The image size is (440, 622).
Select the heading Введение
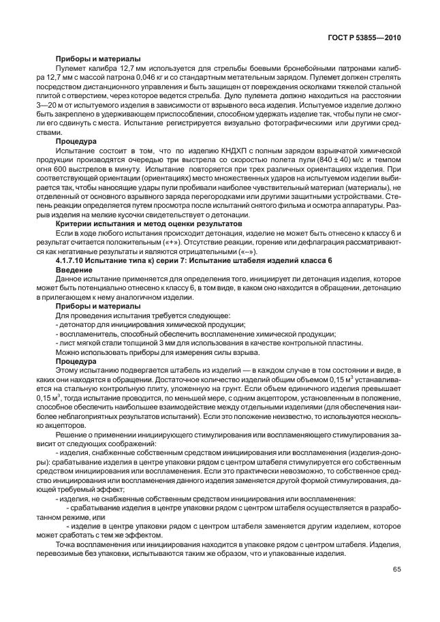(75, 270)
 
